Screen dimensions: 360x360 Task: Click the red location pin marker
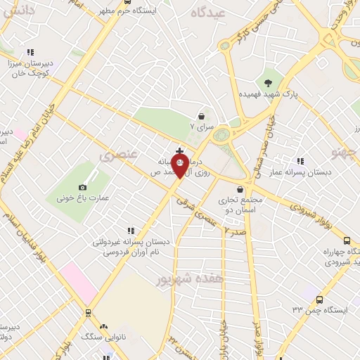(x=180, y=167)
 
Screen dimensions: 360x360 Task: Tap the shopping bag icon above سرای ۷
(x=202, y=116)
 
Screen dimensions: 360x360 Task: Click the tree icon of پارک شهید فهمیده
(x=268, y=83)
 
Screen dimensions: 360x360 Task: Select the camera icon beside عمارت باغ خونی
(x=83, y=187)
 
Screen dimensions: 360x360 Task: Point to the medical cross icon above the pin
(x=180, y=150)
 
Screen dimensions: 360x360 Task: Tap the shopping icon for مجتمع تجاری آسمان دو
(x=241, y=189)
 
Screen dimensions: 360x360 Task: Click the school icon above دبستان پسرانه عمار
(x=300, y=161)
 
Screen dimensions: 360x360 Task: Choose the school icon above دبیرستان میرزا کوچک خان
(x=30, y=51)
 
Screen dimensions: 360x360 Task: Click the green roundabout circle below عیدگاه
(x=223, y=134)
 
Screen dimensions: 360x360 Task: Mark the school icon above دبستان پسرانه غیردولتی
(x=130, y=230)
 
